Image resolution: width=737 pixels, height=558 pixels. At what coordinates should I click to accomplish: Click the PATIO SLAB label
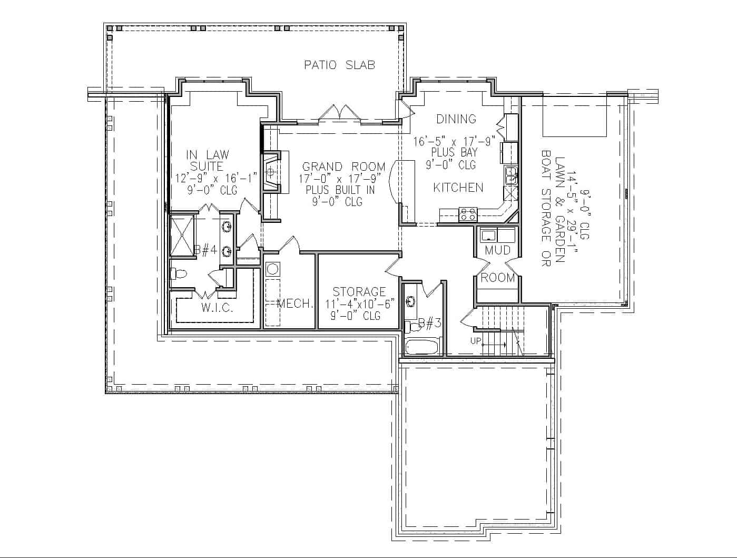pyautogui.click(x=340, y=65)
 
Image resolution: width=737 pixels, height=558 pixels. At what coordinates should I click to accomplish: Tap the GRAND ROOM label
pyautogui.click(x=343, y=167)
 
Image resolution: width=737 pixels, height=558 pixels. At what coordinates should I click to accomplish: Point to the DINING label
pyautogui.click(x=456, y=119)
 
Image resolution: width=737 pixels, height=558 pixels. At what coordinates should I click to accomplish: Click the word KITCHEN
pyautogui.click(x=458, y=187)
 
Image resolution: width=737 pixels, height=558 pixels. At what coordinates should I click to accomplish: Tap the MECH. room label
pyautogui.click(x=295, y=304)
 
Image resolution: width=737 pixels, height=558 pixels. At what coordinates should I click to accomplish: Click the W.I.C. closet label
pyautogui.click(x=217, y=308)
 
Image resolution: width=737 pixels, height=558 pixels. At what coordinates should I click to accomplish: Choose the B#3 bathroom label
pyautogui.click(x=429, y=323)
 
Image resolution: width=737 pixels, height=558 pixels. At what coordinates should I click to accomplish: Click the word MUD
pyautogui.click(x=497, y=250)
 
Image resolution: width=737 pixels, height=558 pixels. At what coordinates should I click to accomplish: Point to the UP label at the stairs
pyautogui.click(x=476, y=341)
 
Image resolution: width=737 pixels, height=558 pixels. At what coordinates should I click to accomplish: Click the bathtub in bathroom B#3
pyautogui.click(x=421, y=347)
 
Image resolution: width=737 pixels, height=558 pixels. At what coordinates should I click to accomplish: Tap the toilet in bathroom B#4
pyautogui.click(x=179, y=274)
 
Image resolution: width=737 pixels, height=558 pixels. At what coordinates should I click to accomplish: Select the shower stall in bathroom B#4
pyautogui.click(x=182, y=236)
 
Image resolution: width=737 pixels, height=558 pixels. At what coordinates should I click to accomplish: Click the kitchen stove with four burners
pyautogui.click(x=468, y=214)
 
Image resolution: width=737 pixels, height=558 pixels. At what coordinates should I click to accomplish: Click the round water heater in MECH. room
pyautogui.click(x=272, y=269)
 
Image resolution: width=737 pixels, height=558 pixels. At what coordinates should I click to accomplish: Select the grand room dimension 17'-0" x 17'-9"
pyautogui.click(x=340, y=178)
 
